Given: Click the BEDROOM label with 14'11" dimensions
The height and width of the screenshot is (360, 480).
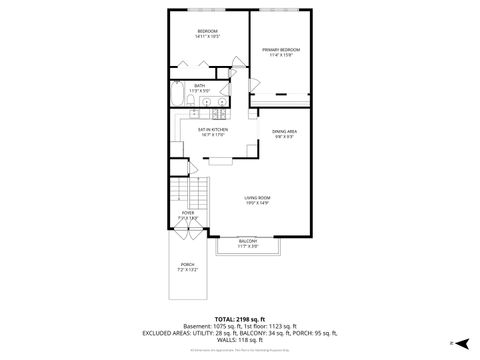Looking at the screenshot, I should coord(207,33).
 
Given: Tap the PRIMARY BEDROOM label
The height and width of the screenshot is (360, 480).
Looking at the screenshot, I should coord(281,52).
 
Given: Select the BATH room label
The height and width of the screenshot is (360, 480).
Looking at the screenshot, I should coord(200,88).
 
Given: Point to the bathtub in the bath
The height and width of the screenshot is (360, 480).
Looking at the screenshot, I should coord(178,98).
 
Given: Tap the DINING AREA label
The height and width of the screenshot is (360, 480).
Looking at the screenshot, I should coord(284,134).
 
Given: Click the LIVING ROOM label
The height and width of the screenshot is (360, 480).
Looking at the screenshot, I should coord(258,200).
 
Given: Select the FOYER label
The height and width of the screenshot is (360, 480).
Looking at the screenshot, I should coord(187,215).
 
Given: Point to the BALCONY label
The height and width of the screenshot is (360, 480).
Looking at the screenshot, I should coord(248,243).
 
